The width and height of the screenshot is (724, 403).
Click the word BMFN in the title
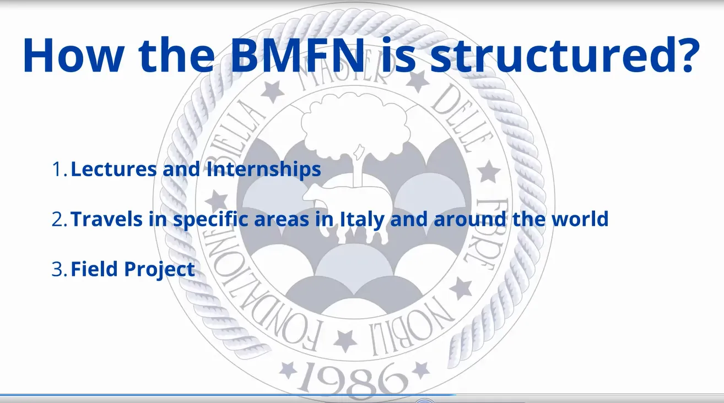298,55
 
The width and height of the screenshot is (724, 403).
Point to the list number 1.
60,169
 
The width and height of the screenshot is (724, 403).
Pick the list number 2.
60,219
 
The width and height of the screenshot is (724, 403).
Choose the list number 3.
60,269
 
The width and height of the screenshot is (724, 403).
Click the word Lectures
114,169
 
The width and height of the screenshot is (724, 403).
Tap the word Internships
264,170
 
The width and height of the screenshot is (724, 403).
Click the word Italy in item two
363,220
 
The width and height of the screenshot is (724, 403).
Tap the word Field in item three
94,269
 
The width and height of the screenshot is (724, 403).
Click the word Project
159,270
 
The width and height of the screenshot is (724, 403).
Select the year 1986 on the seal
354,381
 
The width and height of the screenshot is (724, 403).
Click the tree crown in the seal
355,126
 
